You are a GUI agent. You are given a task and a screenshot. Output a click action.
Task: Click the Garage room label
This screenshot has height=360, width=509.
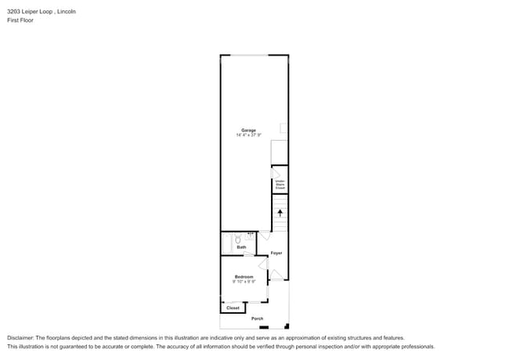(248, 130)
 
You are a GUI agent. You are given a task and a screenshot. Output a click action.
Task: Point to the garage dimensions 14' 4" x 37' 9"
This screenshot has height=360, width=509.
(248, 135)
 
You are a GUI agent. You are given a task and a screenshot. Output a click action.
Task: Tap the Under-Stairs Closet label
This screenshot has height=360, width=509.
(280, 185)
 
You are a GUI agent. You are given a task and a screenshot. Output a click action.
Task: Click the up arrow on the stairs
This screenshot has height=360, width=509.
(280, 212)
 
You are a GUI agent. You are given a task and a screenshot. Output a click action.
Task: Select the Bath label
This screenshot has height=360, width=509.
(242, 247)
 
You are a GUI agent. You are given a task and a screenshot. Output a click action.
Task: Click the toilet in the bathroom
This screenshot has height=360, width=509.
(238, 239)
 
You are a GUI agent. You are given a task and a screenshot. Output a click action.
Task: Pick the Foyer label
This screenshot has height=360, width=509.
(276, 254)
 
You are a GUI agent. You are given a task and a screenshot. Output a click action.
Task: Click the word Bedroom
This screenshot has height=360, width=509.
(244, 276)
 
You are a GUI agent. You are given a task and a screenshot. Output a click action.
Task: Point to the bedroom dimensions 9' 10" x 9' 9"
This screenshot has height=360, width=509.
(244, 282)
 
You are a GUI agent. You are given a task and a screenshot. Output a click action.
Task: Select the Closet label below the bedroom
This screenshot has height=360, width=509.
(233, 308)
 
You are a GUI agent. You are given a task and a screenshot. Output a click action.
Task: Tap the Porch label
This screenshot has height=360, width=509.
(257, 319)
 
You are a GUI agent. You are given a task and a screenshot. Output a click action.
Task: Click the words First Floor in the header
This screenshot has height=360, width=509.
(20, 20)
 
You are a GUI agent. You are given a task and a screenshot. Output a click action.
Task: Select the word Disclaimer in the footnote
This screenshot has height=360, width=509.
(23, 338)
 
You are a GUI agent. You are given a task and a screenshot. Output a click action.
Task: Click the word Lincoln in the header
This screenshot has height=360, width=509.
(71, 12)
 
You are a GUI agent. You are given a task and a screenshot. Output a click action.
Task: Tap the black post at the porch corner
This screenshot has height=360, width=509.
(286, 326)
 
